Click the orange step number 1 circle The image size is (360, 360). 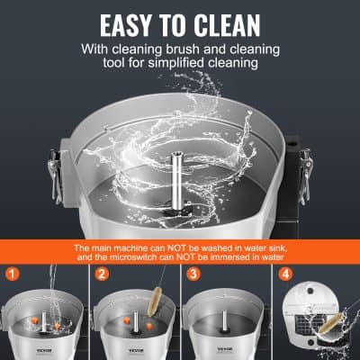coord(13,274)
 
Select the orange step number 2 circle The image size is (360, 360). coord(102,274)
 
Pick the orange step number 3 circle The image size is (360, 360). coord(191,274)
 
